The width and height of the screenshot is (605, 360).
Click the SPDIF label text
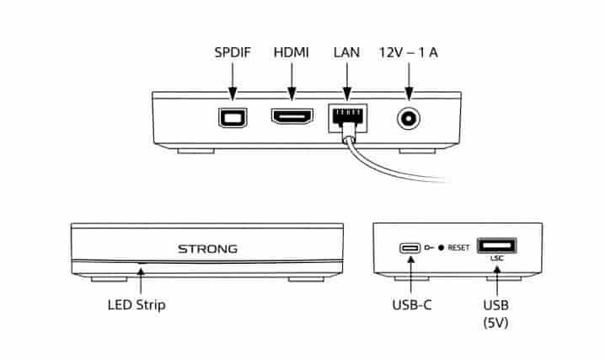pos(233,52)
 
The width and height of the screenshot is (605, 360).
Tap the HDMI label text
pos(292,52)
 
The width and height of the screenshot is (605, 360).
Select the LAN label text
pos(346,52)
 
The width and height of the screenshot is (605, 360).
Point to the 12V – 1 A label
pos(408,52)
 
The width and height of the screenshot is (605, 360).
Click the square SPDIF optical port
pos(233,117)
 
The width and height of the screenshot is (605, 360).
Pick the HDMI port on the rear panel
pos(292,116)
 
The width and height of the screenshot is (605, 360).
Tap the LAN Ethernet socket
pos(347,119)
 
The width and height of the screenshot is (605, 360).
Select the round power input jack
pos(409,119)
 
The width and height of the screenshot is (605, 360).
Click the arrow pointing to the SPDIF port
pos(233,82)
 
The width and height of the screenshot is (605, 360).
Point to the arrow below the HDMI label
pos(292,82)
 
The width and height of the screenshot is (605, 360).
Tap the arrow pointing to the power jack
pos(409,82)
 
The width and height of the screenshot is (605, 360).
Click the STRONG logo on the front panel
pos(207,249)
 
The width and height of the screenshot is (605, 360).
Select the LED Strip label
pos(137,305)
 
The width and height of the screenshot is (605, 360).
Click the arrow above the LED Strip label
pos(141,281)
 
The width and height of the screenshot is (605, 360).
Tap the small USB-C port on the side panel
pos(410,248)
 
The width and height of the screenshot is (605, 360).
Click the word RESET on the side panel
pos(458,248)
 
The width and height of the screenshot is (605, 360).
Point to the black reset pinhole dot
pos(441,248)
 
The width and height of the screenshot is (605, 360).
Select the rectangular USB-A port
pos(497,245)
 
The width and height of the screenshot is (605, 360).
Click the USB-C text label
pos(412,305)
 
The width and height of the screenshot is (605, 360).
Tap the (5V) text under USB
pos(495,323)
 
